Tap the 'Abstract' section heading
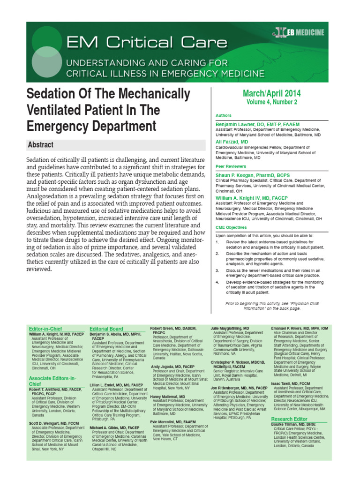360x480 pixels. [40, 145]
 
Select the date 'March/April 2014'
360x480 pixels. [272, 93]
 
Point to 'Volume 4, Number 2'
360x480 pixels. [272, 102]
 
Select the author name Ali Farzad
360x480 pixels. [232, 142]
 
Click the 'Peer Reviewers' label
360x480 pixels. [231, 166]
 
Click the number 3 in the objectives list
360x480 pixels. [217, 271]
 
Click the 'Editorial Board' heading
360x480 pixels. [106, 329]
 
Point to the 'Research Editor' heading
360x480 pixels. [289, 419]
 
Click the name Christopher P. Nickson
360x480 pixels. [237, 362]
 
